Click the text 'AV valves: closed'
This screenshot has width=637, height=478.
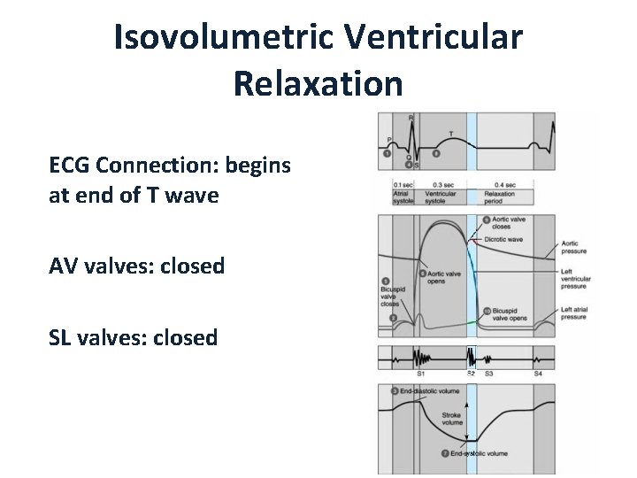pyautogui.click(x=137, y=266)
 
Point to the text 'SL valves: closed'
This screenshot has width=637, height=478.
pyautogui.click(x=134, y=337)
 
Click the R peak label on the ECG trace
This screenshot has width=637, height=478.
pyautogui.click(x=411, y=117)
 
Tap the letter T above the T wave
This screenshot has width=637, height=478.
pyautogui.click(x=451, y=134)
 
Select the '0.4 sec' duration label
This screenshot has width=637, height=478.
pyautogui.click(x=505, y=184)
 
